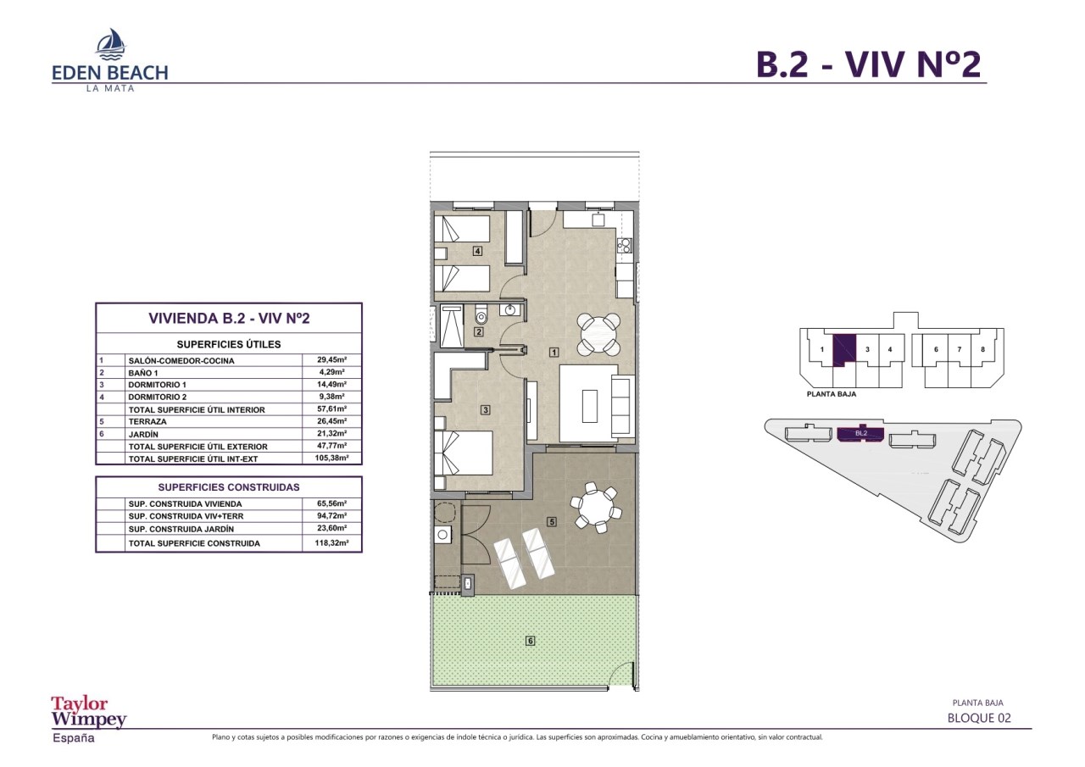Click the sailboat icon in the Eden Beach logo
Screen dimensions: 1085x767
(111, 43)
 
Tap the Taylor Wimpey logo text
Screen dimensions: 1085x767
(89, 712)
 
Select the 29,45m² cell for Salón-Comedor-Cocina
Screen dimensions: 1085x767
(331, 360)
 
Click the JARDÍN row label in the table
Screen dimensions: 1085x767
(143, 434)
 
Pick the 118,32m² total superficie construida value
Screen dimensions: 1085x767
(331, 542)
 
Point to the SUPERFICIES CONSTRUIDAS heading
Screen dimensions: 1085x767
(229, 487)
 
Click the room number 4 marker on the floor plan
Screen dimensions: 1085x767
(478, 251)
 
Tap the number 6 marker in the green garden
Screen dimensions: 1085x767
(531, 641)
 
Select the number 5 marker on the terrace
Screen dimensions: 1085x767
(551, 521)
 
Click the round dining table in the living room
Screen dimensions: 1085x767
(599, 334)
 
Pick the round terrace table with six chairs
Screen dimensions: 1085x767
(595, 508)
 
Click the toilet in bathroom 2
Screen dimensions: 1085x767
(481, 314)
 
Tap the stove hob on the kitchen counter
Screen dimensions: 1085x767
(625, 247)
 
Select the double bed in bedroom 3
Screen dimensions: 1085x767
(464, 453)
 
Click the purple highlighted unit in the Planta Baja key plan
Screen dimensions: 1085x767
(843, 350)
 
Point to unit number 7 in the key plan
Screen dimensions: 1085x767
(959, 350)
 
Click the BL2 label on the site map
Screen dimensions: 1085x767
(860, 433)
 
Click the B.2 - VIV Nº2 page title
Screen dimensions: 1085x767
(869, 64)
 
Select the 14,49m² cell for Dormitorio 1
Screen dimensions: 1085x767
(331, 384)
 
